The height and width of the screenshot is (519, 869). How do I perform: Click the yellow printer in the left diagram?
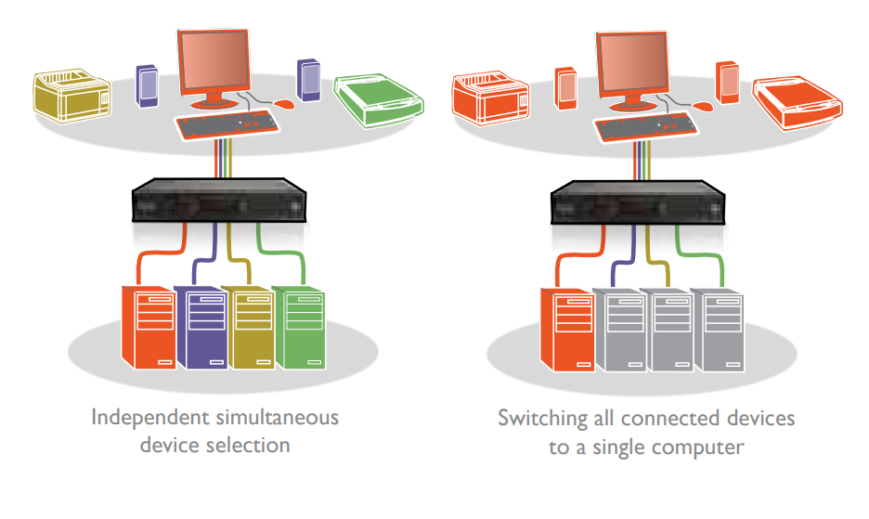(x=72, y=95)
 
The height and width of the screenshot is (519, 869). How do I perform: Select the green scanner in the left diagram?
(x=379, y=100)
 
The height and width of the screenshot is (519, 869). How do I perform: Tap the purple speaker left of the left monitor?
(x=147, y=86)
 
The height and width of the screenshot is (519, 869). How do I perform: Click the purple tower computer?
(x=201, y=327)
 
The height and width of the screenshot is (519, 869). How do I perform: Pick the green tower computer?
(x=299, y=327)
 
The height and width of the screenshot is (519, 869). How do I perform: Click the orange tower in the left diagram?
(x=149, y=327)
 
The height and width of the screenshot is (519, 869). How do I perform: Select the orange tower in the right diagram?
(x=567, y=330)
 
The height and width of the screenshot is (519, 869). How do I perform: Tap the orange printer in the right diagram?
(x=490, y=97)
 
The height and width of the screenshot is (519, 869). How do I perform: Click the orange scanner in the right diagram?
(x=798, y=103)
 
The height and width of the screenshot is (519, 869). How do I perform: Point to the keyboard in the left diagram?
(x=227, y=125)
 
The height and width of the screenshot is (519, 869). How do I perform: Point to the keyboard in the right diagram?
(x=645, y=127)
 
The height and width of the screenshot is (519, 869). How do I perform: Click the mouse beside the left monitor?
(x=284, y=104)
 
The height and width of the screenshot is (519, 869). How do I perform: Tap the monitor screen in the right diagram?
(x=632, y=65)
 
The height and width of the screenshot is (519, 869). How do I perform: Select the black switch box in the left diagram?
(x=219, y=201)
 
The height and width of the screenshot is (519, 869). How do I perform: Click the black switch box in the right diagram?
(x=638, y=202)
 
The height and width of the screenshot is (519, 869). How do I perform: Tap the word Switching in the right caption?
(x=542, y=419)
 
